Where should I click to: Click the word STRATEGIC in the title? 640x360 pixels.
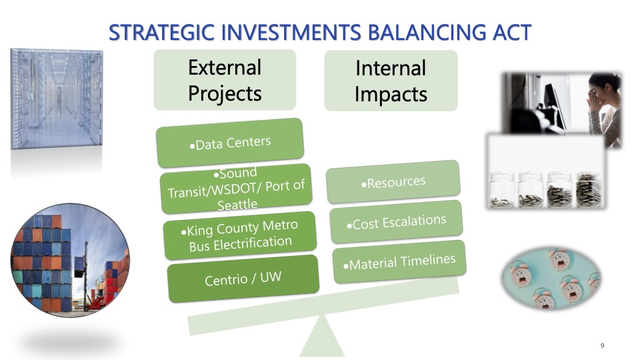[x=161, y=33]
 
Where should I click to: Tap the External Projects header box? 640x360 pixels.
[x=225, y=80]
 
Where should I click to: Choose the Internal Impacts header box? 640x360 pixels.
[x=391, y=81]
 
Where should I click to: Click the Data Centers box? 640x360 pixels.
[x=230, y=143]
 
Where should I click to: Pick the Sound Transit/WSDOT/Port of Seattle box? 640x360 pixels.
[x=236, y=189]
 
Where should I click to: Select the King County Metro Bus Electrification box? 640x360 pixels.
[x=240, y=235]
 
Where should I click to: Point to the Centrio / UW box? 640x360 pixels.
[x=243, y=279]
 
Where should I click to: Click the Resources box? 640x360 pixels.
[x=393, y=182]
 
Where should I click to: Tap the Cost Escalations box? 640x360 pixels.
[x=396, y=221]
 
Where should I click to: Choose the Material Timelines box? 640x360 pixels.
[x=399, y=261]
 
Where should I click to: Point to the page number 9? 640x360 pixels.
[x=602, y=346]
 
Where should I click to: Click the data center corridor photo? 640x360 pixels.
[x=56, y=99]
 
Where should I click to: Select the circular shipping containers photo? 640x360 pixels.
[x=70, y=260]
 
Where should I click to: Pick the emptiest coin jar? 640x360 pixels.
[x=501, y=189]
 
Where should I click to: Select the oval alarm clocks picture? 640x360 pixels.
[x=551, y=278]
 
